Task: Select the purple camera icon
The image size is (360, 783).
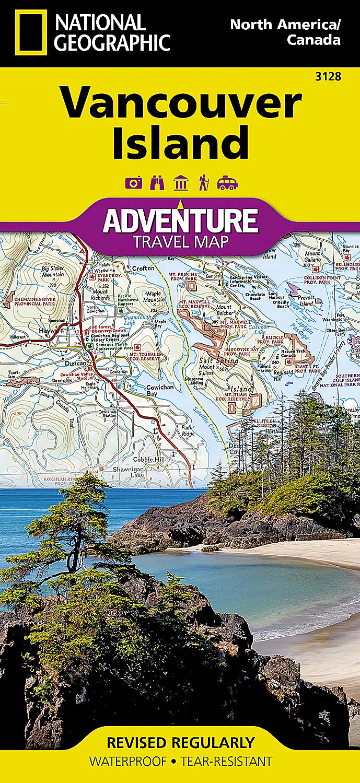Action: click(133, 183)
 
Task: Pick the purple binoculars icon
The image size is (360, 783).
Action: click(157, 183)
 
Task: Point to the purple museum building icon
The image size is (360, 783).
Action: click(181, 183)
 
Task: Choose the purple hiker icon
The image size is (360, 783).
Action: click(203, 183)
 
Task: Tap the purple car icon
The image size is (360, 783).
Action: click(227, 183)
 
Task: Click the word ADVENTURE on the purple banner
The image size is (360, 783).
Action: click(180, 220)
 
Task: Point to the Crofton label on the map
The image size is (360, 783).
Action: click(144, 268)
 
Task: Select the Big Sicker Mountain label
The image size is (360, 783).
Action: click(53, 272)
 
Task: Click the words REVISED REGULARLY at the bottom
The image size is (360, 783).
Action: click(180, 743)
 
